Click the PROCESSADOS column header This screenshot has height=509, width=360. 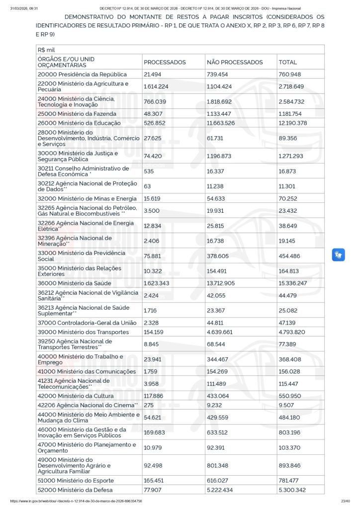pos(165,62)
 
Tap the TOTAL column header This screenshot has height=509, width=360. pos(288,62)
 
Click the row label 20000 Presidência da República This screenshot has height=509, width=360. pos(82,74)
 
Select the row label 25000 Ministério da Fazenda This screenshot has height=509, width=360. pos(77,114)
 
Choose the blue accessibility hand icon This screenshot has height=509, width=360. pos(339,255)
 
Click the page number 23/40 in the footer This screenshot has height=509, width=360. pos(346,501)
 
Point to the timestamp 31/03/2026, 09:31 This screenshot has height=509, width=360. pos(24,8)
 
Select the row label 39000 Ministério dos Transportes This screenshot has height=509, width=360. pos(83,332)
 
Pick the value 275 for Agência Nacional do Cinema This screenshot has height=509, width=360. pos(149,405)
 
